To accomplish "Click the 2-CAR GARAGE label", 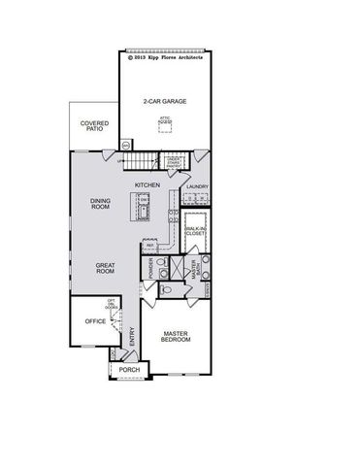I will [164, 101].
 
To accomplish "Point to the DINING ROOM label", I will [101, 203].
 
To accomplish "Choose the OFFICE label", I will [95, 320].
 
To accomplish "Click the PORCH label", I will [129, 370].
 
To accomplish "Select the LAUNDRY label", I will [199, 186].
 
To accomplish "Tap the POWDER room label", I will [151, 266].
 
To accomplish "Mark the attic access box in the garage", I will [165, 122].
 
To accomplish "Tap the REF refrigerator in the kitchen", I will [149, 245].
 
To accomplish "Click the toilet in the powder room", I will [165, 290].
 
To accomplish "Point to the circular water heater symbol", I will [126, 145].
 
